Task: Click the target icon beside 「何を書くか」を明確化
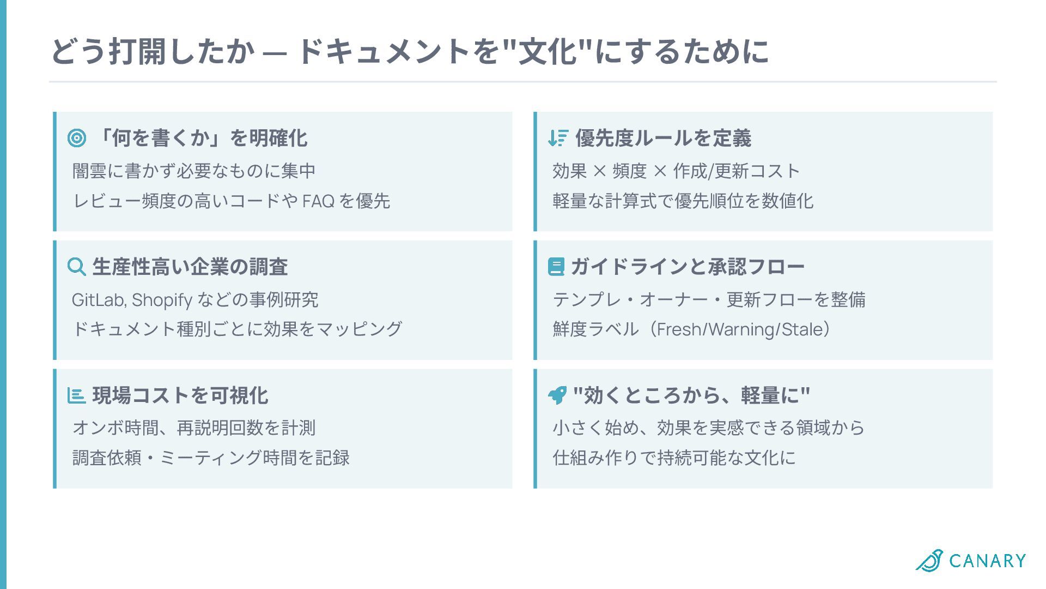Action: (77, 138)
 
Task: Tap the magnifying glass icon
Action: (76, 267)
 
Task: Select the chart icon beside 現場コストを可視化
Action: (76, 395)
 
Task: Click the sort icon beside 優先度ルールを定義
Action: (558, 138)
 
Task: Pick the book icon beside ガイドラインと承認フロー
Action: (556, 267)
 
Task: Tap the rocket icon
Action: (557, 395)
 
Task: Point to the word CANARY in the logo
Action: (987, 561)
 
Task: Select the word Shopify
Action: (162, 299)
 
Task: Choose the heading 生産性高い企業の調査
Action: (190, 267)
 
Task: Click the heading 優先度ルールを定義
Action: (663, 138)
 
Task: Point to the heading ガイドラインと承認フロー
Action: (688, 267)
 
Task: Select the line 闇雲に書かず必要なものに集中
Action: (194, 171)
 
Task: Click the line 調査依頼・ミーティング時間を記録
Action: (211, 458)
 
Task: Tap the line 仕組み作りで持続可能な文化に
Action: (674, 458)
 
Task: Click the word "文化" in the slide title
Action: (547, 52)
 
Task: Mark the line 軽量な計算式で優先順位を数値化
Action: (683, 201)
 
